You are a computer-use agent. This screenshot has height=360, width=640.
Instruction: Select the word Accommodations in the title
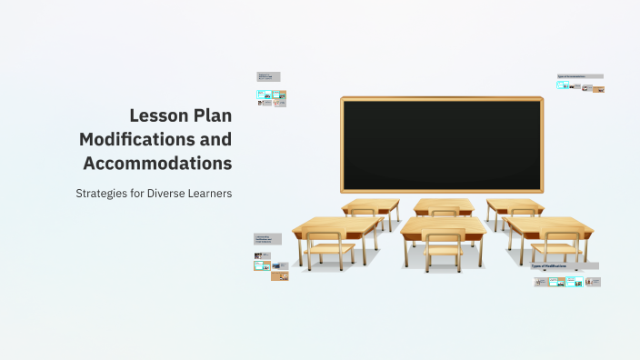[156, 164]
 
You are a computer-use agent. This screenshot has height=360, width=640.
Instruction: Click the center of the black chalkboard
[442, 145]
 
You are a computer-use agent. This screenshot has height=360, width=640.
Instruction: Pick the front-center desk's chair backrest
[444, 240]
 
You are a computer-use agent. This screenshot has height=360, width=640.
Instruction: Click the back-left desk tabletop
[370, 205]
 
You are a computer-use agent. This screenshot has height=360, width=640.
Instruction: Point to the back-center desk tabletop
[444, 205]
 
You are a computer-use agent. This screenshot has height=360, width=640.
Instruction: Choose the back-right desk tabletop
[515, 205]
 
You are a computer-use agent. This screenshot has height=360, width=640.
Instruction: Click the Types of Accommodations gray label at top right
[580, 76]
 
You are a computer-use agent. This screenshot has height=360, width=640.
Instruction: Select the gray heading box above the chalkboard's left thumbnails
[268, 77]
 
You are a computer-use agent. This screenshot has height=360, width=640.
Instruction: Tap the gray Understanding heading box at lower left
[267, 239]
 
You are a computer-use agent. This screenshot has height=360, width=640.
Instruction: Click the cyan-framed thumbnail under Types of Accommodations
[563, 85]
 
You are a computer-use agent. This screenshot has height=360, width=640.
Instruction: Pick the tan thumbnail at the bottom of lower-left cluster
[280, 276]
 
